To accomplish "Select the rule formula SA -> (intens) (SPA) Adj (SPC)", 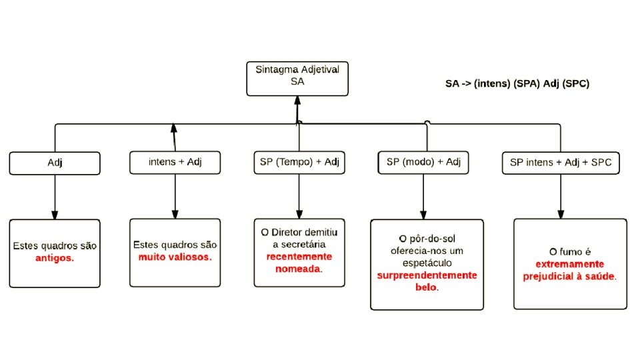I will coord(517,84).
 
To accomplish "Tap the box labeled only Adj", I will coord(55,162).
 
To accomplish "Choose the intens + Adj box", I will coord(175,162).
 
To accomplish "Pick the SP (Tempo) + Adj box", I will coord(299,162).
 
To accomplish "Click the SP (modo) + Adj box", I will coord(424,162).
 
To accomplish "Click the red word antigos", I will coord(55,257).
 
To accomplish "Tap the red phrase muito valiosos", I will coord(175,257).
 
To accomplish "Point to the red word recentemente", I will coord(299,257).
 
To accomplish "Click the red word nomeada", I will coord(297,269).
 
